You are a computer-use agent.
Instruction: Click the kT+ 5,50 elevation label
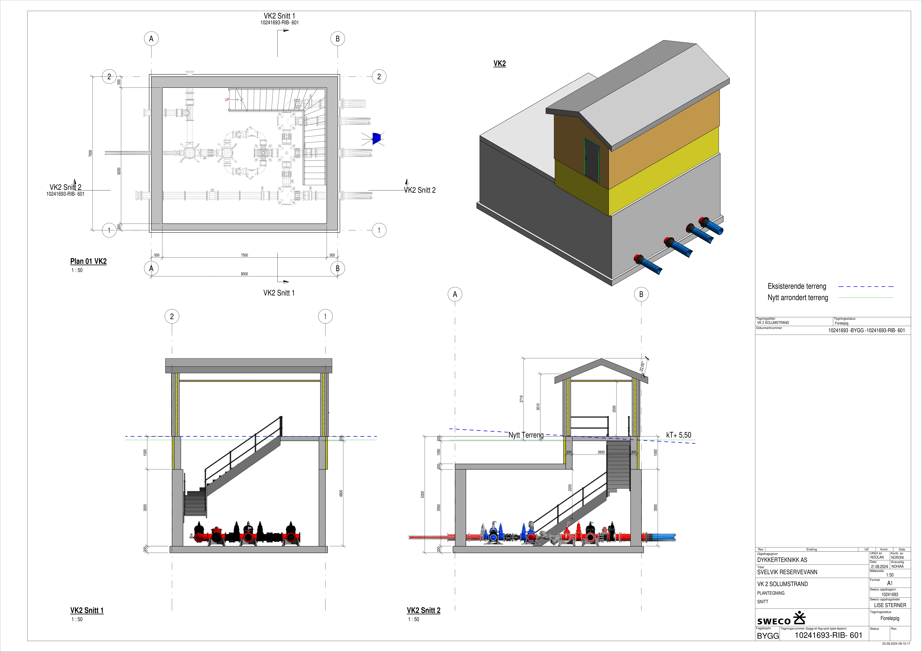[x=679, y=435]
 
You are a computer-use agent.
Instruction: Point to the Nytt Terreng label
[x=526, y=435]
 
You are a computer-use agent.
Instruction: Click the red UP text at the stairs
[x=227, y=100]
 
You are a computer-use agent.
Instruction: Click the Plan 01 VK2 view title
[x=88, y=261]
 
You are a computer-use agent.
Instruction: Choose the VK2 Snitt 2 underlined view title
[x=424, y=610]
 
